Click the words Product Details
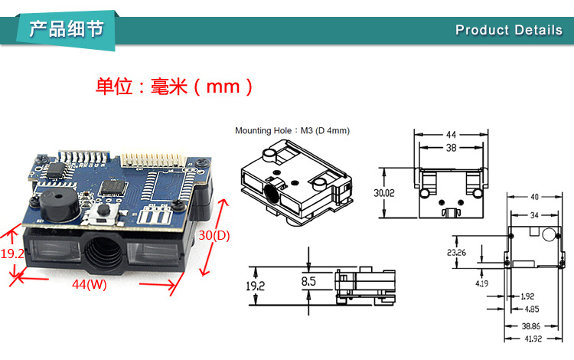click(x=508, y=30)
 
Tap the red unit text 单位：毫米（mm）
click(x=174, y=86)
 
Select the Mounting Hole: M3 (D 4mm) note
click(x=292, y=131)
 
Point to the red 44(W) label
click(x=90, y=284)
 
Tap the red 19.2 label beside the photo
click(x=13, y=253)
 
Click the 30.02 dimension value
click(x=385, y=194)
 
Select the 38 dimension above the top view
click(x=451, y=149)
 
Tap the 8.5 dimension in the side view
click(x=308, y=281)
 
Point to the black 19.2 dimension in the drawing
click(x=254, y=286)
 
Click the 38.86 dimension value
click(x=530, y=325)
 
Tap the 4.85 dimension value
click(x=530, y=309)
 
